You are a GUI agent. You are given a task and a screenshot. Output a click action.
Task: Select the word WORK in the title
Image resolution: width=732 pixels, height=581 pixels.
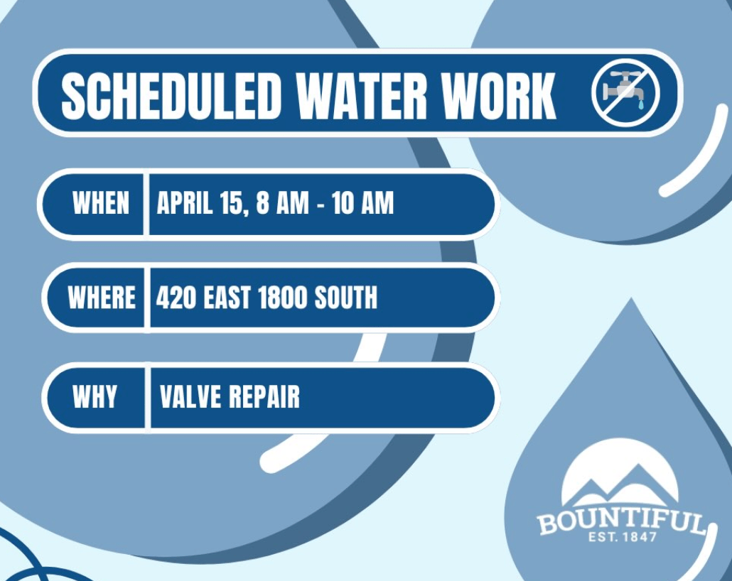pyautogui.click(x=499, y=96)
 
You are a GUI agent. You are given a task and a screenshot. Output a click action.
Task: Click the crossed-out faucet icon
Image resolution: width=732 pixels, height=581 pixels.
pyautogui.click(x=625, y=92)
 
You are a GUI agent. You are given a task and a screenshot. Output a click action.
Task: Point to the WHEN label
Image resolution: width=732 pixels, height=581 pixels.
pyautogui.click(x=101, y=203)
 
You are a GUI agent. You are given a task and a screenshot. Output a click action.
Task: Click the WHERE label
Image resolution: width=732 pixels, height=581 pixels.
pyautogui.click(x=102, y=298)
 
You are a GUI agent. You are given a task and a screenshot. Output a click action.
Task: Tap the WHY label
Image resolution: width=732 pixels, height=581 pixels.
pyautogui.click(x=95, y=396)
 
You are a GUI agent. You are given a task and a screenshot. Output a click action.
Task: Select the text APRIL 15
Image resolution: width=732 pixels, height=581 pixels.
pyautogui.click(x=203, y=203)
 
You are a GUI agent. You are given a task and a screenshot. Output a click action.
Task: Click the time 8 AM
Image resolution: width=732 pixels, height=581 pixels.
pyautogui.click(x=283, y=203)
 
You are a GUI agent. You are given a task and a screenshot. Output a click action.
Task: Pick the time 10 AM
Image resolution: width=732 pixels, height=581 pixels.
pyautogui.click(x=362, y=203)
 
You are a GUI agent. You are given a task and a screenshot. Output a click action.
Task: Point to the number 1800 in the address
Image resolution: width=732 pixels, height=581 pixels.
pyautogui.click(x=282, y=298)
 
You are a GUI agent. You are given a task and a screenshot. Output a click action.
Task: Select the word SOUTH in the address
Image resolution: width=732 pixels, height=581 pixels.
pyautogui.click(x=345, y=298)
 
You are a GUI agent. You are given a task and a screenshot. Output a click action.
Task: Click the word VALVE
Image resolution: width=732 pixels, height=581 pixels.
pyautogui.click(x=190, y=396)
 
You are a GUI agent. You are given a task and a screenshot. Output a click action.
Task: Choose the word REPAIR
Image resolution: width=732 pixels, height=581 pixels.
pyautogui.click(x=264, y=396)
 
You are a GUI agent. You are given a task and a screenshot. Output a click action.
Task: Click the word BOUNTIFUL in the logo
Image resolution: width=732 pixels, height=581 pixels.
pyautogui.click(x=621, y=521)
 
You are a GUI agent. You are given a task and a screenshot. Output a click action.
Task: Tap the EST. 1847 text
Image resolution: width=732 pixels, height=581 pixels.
pyautogui.click(x=623, y=537)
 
